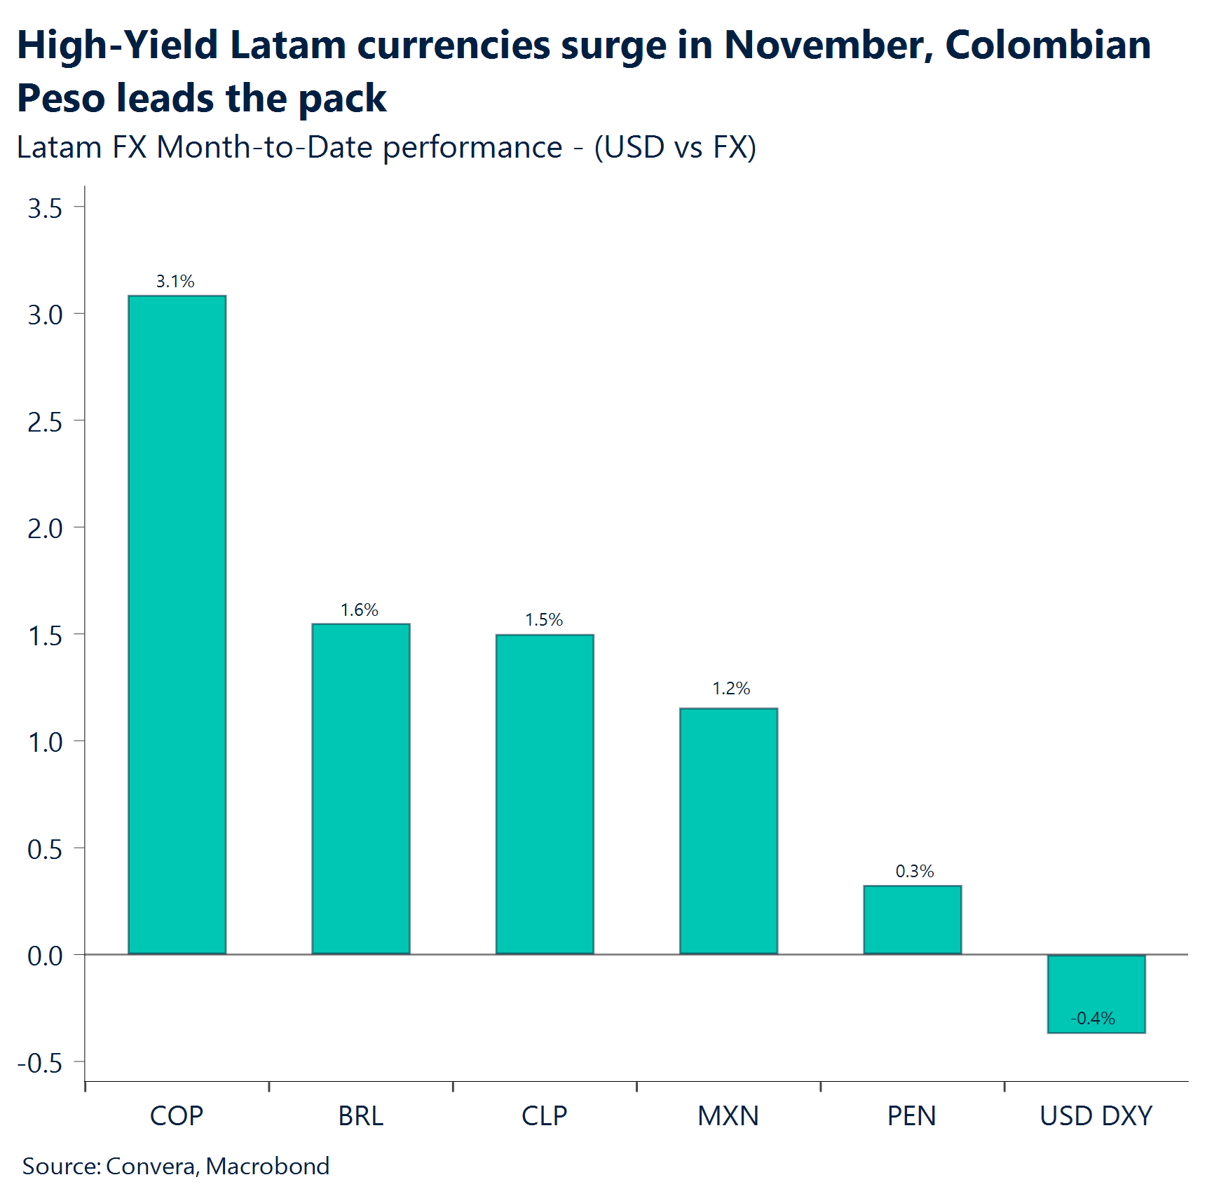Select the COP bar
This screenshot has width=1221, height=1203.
(177, 624)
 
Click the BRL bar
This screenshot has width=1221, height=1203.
(360, 788)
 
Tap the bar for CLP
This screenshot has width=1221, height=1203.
(545, 794)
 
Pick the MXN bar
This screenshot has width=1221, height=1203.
(728, 830)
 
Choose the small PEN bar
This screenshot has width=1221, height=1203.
(912, 919)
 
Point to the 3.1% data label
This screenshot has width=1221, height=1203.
(175, 282)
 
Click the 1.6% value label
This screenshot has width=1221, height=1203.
(360, 610)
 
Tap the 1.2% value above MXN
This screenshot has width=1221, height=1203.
(731, 689)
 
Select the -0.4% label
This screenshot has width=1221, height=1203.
(1093, 1018)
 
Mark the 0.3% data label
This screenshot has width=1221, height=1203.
(915, 872)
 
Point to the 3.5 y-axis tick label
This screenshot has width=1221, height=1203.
(45, 209)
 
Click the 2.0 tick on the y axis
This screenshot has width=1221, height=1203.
(45, 529)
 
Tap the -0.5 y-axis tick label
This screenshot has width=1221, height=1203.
(40, 1064)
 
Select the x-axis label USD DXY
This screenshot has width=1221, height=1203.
(1096, 1116)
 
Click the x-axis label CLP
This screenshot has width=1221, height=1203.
(545, 1116)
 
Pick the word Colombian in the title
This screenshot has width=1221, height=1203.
(1048, 45)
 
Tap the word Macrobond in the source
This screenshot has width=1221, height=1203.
(268, 1166)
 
